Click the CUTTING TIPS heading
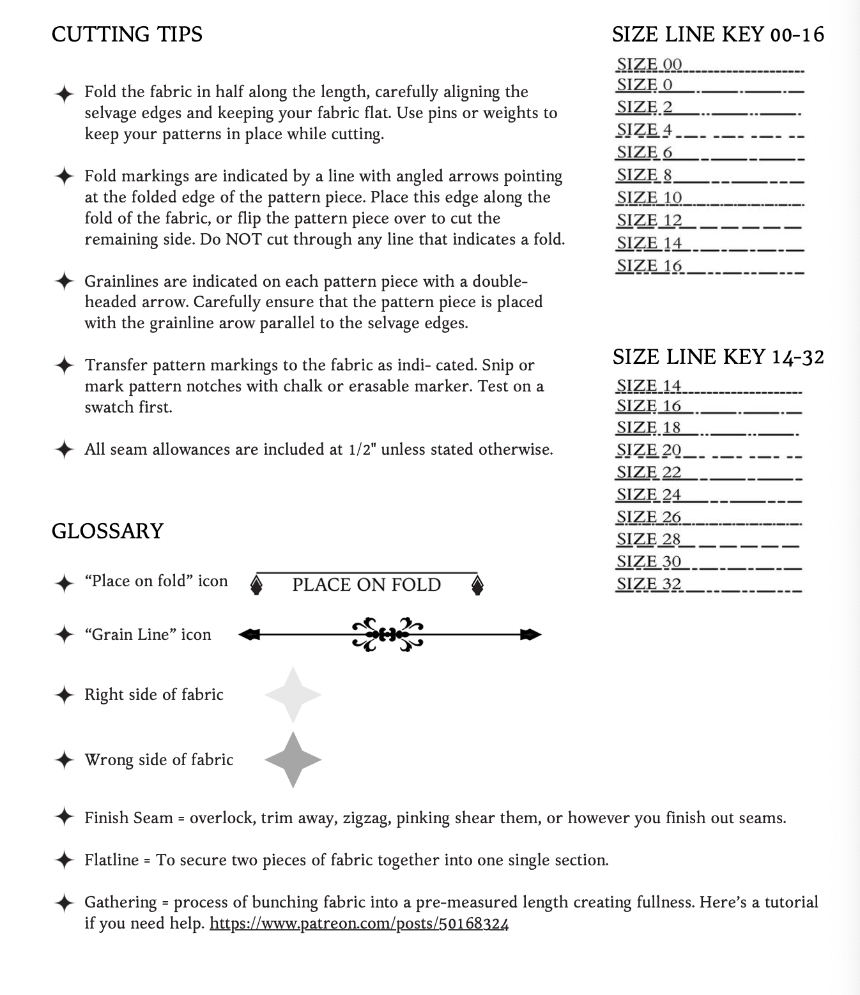(x=127, y=34)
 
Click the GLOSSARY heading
(x=107, y=531)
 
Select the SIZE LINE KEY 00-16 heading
(x=718, y=34)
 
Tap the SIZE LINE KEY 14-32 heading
(x=718, y=357)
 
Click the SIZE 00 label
(x=649, y=65)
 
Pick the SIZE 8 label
(x=644, y=175)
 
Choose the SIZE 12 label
(x=649, y=220)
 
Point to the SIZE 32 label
(x=649, y=584)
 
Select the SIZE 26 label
(x=649, y=517)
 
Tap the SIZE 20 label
(x=649, y=450)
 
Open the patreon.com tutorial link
(x=359, y=923)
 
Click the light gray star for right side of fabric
(x=293, y=695)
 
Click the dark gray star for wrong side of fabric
(x=293, y=759)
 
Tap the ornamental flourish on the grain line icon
(x=387, y=634)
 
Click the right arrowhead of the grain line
(x=530, y=634)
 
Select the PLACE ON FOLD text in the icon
(x=366, y=585)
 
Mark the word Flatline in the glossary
(x=112, y=860)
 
